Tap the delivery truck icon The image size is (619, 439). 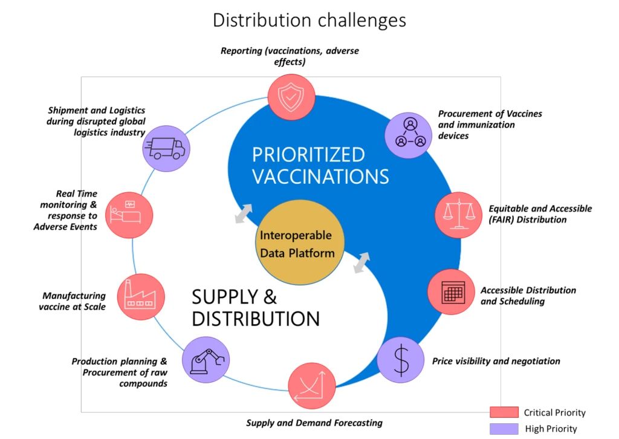coord(166,148)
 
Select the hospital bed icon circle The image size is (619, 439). coord(129,215)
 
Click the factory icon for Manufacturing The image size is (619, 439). coord(141,296)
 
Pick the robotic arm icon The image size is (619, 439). coord(206,360)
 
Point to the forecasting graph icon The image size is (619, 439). coord(312,385)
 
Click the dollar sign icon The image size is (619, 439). coord(401,360)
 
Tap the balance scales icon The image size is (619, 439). coord(458,215)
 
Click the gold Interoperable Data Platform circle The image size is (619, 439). coord(299,242)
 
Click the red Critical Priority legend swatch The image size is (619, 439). coord(504,412)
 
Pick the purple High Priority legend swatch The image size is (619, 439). coord(504,429)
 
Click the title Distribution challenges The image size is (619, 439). coord(309,20)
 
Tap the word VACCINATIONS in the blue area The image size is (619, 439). coord(320,176)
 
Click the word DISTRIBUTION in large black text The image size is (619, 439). coord(256,319)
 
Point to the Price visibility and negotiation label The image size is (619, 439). coord(496,361)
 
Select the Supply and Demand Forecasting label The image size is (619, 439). coord(314,423)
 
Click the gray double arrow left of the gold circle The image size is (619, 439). coord(244,213)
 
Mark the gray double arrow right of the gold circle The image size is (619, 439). coord(361,262)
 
